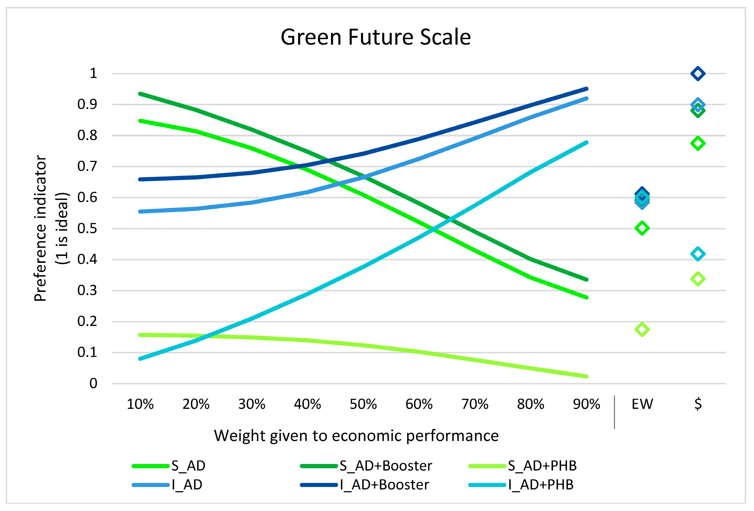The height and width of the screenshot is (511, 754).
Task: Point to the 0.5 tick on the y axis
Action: coord(87,228)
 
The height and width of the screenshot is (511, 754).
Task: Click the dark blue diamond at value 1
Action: coord(698,74)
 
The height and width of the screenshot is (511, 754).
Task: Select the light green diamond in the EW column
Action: coord(642,329)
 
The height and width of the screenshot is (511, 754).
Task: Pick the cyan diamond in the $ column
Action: coord(698,254)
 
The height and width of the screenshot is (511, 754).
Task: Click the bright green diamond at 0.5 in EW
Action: coord(642,228)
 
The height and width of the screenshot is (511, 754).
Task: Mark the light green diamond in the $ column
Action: coord(698,279)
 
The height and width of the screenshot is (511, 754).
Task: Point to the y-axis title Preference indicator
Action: coord(41,228)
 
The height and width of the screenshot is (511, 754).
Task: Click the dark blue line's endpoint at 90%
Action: coord(586,89)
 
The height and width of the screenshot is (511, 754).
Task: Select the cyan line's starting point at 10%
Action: coord(140,359)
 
